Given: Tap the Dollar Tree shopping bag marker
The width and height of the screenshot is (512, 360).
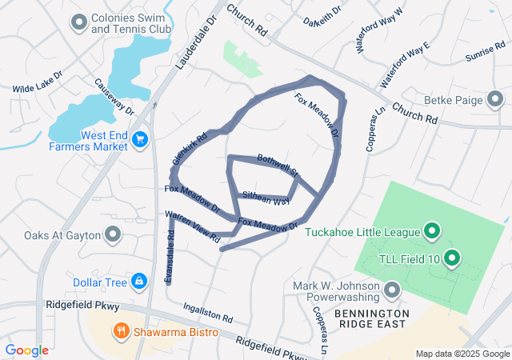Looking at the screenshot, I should tap(140, 282).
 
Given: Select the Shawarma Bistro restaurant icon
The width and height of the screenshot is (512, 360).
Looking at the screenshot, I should tap(121, 330).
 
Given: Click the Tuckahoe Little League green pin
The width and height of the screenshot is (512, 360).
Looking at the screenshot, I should tap(433, 232).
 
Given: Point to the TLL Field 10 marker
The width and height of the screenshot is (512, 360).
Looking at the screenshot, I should tap(451, 258).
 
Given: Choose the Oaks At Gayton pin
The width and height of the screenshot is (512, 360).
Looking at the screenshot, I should tap(113, 235).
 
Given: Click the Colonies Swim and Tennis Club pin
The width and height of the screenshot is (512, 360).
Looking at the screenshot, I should tap(78, 22).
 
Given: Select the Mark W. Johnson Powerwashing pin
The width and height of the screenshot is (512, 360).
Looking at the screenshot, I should tap(391, 289).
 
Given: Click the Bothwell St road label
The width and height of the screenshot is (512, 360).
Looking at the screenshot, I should tap(278, 165).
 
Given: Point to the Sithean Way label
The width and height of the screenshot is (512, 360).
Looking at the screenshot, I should tap(266, 198).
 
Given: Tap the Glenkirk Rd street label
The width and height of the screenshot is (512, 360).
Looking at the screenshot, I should tap(190, 149).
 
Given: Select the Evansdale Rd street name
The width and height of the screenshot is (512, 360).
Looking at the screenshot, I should tap(169, 256).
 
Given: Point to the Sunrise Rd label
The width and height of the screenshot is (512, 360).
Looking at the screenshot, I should tap(482, 54).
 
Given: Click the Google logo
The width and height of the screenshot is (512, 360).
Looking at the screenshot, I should tap(26, 350).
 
